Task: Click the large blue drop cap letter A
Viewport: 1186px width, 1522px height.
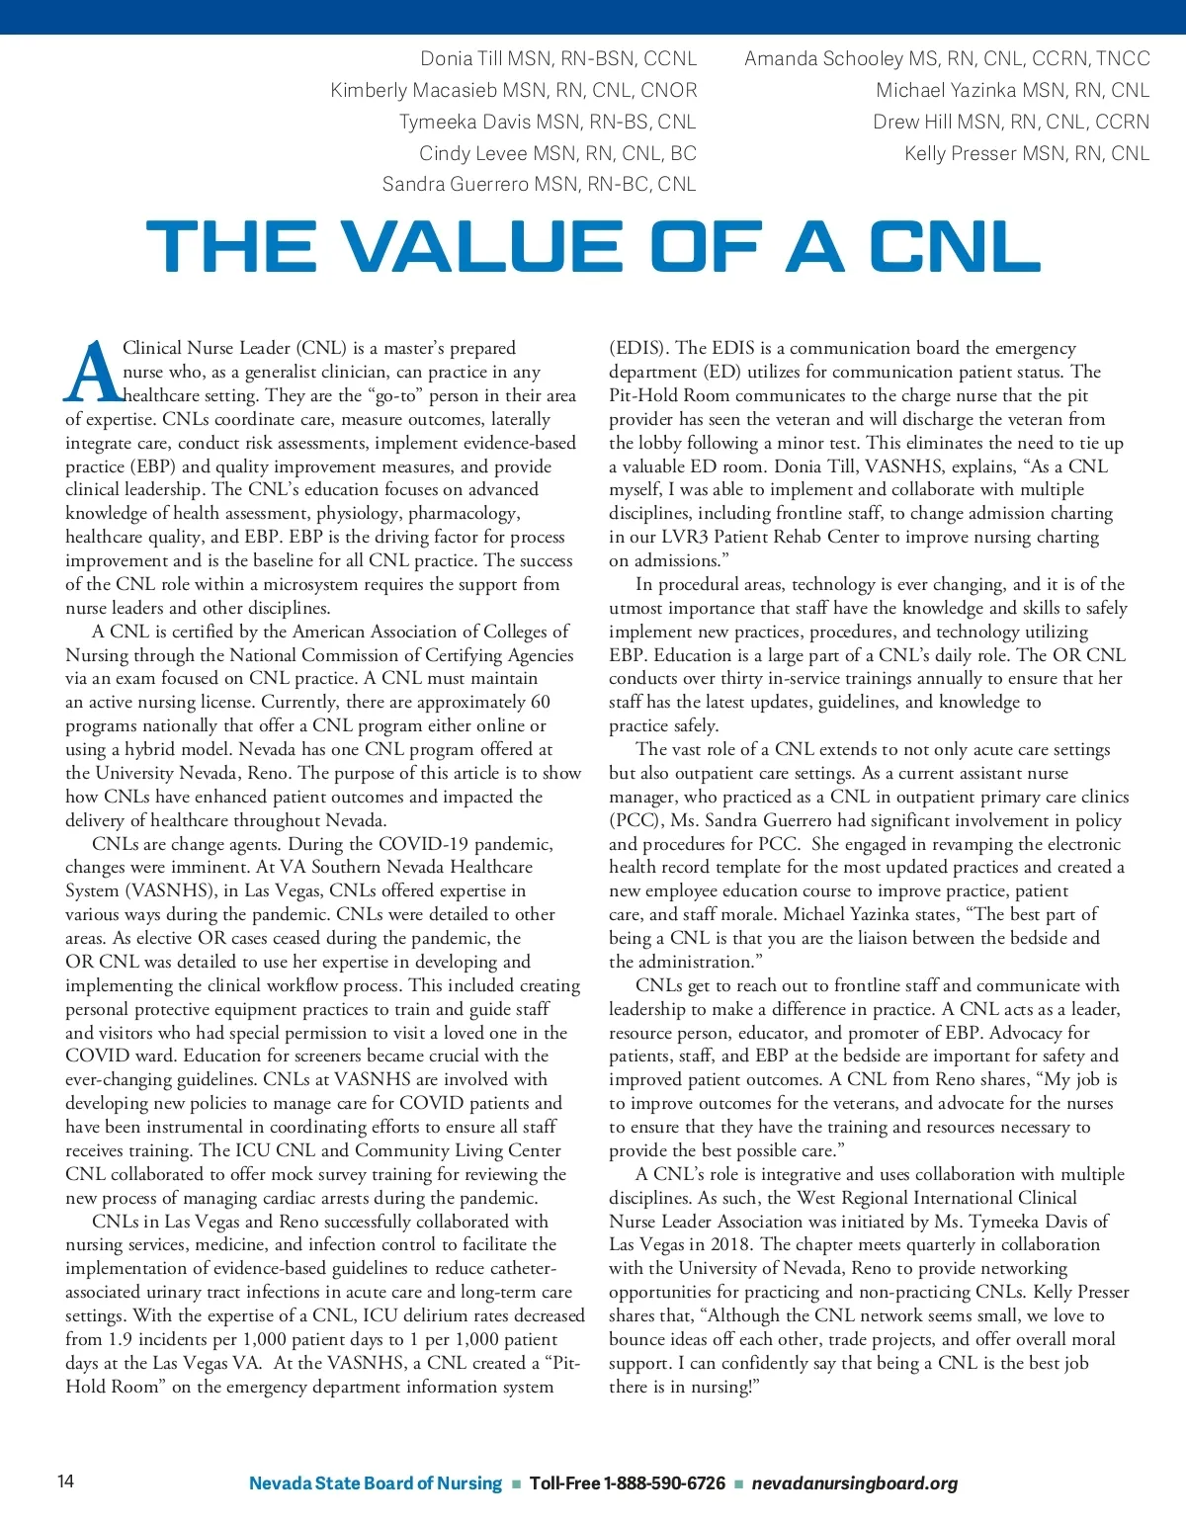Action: pos(92,374)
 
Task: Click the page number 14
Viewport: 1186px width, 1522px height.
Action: pos(65,1480)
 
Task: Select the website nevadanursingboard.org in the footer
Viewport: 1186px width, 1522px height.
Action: pos(855,1483)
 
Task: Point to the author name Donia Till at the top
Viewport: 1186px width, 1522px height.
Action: pos(462,58)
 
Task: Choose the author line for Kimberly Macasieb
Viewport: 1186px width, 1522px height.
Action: pos(514,90)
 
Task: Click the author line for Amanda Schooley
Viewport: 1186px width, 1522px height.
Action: pos(947,58)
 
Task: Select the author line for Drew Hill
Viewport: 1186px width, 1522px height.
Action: pos(1011,122)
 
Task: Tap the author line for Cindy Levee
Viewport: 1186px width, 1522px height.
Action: pos(557,153)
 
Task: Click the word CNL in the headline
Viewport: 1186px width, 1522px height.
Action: pos(955,246)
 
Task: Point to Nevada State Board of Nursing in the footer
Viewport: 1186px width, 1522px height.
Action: pos(376,1483)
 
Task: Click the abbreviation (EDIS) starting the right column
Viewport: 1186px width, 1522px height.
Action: pos(638,348)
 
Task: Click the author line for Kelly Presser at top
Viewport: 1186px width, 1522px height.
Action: pos(1027,153)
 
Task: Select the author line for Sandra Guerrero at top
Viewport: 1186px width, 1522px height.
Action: pos(539,184)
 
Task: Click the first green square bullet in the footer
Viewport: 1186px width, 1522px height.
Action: pos(515,1484)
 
